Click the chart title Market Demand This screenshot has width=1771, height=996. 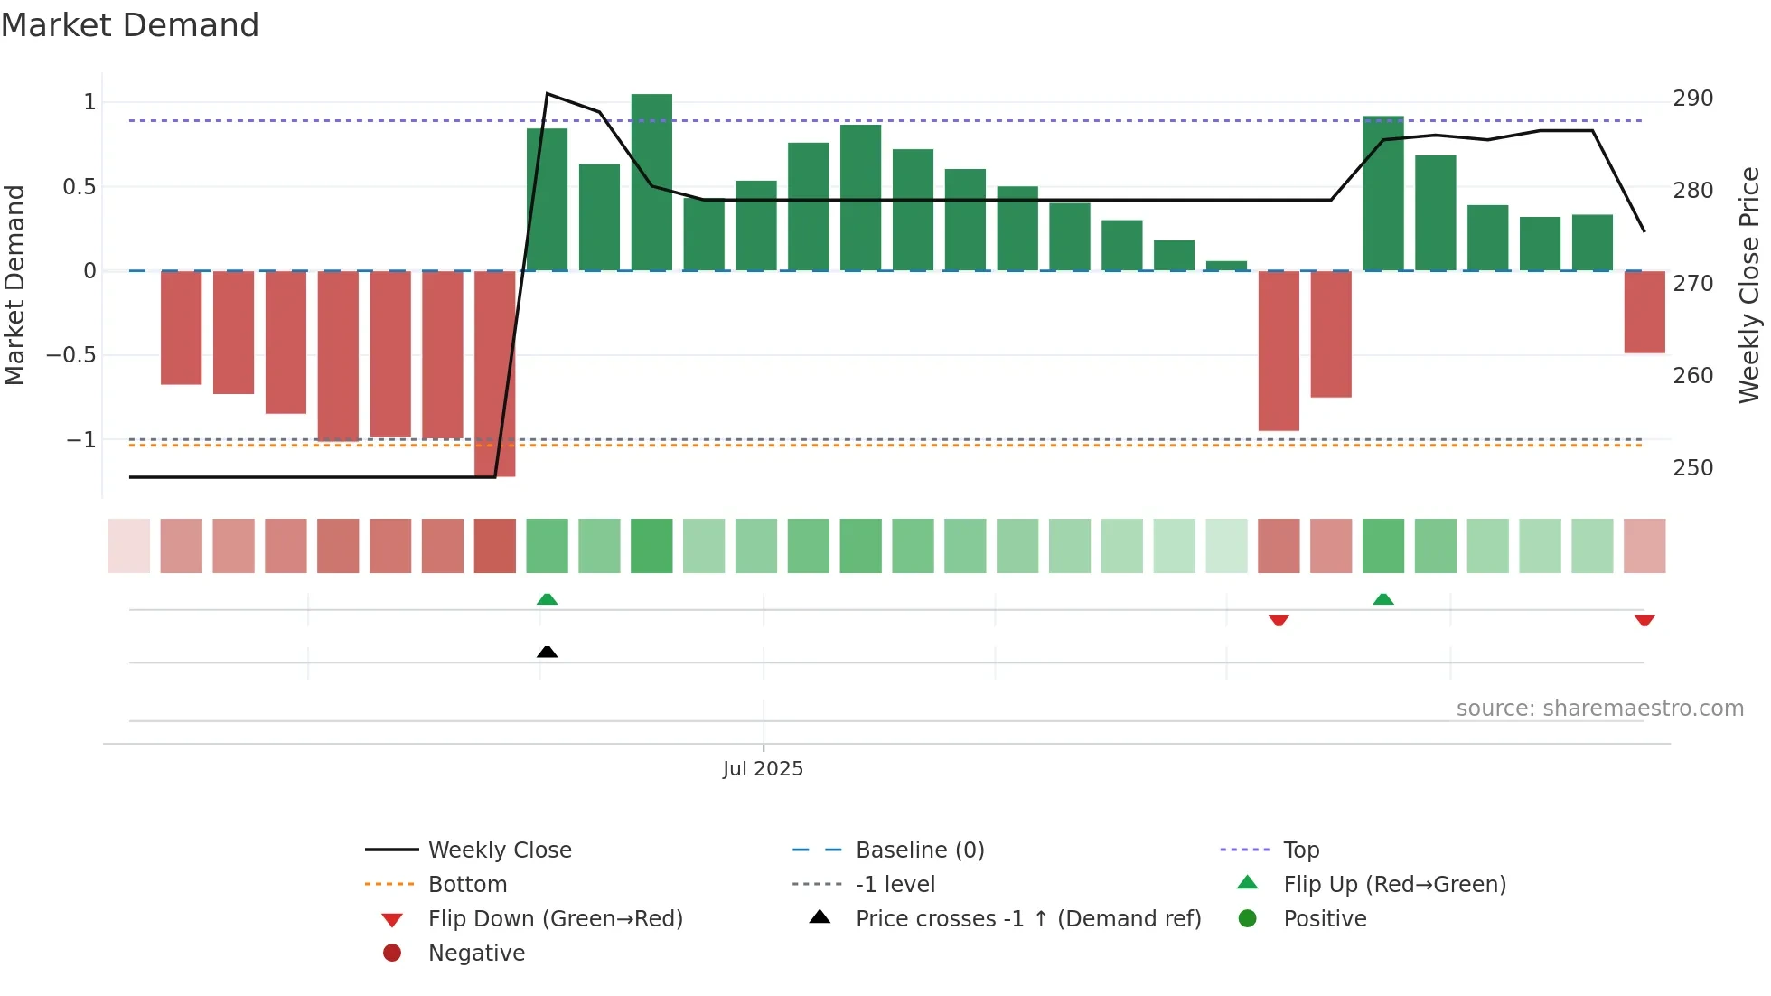click(x=130, y=25)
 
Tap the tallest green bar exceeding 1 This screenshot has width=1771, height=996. click(x=651, y=181)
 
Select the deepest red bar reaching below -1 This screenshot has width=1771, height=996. click(x=494, y=372)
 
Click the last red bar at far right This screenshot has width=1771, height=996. click(x=1644, y=312)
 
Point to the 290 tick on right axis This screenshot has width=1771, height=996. click(x=1692, y=99)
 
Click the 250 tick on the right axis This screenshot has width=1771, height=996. click(x=1692, y=468)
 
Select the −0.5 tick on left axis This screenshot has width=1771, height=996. click(x=71, y=355)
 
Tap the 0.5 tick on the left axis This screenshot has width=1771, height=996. click(x=79, y=187)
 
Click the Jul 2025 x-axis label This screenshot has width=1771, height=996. click(x=763, y=769)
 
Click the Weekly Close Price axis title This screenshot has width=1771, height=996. click(x=1749, y=285)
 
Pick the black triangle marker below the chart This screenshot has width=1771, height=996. click(x=547, y=652)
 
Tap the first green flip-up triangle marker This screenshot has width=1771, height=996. click(x=547, y=598)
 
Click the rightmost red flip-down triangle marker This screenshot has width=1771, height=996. click(x=1644, y=620)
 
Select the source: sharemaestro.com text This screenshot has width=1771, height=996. click(x=1599, y=709)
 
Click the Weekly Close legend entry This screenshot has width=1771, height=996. click(x=499, y=850)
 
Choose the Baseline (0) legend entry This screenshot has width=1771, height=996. click(x=919, y=850)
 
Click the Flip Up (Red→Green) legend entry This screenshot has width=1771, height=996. click(x=1394, y=885)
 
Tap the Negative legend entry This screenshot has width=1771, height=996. click(x=475, y=954)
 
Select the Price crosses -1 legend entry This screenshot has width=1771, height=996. click(x=1027, y=919)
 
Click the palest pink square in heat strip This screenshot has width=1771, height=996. click(x=129, y=546)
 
